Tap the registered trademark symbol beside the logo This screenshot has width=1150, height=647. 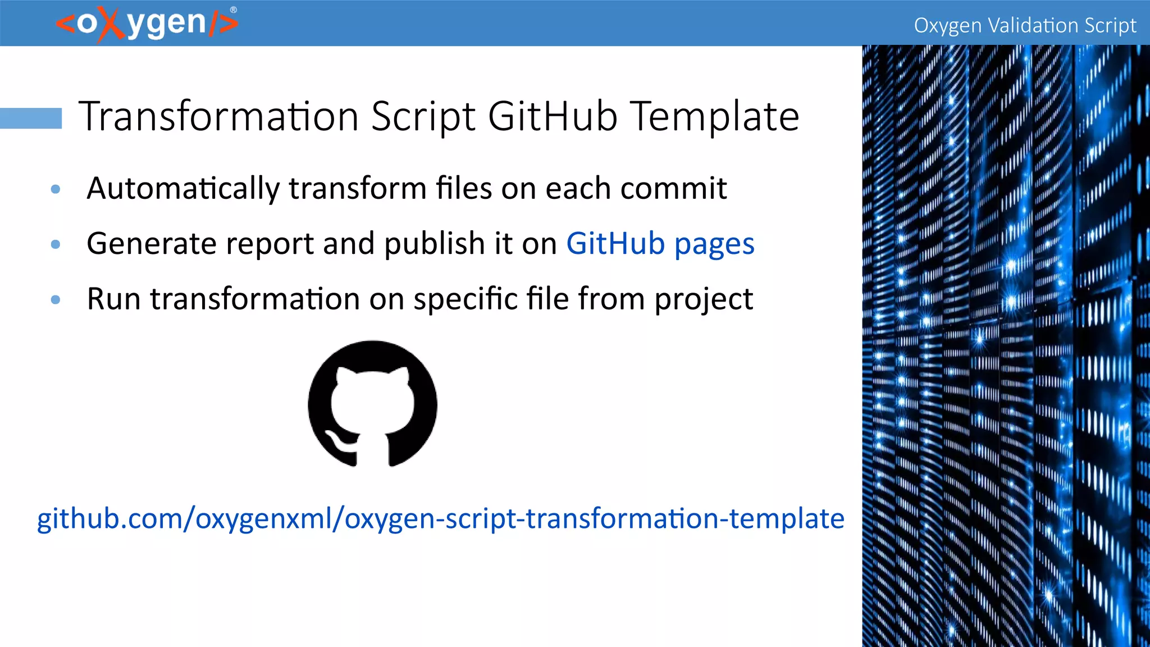pos(234,10)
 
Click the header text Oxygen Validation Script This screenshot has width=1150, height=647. pos(1025,25)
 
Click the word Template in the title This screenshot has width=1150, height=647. pos(715,116)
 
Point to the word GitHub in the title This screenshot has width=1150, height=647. pos(553,116)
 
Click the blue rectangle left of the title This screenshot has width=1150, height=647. pos(31,118)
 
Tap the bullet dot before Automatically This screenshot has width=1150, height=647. pos(56,189)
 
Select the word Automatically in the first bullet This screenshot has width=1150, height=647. pos(183,188)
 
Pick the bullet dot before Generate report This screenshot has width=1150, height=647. pos(56,244)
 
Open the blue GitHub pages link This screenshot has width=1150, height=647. pos(660,244)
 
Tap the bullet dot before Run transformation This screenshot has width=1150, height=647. pos(56,299)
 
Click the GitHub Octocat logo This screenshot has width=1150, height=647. pos(372,403)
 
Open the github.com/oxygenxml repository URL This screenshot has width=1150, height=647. pos(440,518)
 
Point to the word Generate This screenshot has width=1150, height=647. pos(152,244)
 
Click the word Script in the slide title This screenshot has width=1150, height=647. pos(423,116)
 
